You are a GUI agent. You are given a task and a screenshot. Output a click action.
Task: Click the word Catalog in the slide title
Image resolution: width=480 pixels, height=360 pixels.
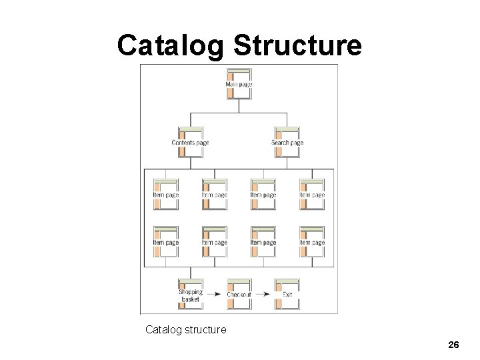tap(171, 45)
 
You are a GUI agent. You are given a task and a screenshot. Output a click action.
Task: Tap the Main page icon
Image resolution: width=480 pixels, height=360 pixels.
tap(239, 84)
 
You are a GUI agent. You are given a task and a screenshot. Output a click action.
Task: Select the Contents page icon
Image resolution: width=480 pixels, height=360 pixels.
tap(190, 142)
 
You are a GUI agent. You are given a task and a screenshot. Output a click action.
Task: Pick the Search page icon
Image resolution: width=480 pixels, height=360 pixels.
tap(287, 142)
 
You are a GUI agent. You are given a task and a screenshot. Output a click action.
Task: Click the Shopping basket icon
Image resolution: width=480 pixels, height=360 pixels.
tap(190, 294)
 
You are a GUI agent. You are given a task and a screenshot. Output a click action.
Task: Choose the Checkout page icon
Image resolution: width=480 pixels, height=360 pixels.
tap(239, 294)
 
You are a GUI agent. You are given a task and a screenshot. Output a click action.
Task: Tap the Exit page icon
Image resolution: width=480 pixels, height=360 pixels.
tap(287, 294)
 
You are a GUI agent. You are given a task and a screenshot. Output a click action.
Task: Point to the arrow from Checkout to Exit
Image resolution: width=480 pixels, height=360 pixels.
tap(263, 294)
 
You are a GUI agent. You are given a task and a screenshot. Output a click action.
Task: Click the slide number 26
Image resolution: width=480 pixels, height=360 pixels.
tap(453, 345)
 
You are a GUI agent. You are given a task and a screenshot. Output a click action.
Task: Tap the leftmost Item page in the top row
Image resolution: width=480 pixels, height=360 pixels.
tap(165, 194)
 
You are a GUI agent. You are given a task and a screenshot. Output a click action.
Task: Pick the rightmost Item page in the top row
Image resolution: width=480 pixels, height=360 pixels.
tap(311, 194)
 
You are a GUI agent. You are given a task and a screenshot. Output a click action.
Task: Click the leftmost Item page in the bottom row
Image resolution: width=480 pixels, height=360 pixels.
tap(165, 242)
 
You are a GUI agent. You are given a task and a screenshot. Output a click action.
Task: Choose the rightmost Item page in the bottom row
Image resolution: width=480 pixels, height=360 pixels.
tap(311, 242)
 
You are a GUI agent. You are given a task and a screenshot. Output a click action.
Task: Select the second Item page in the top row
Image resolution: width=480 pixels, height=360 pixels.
tap(214, 194)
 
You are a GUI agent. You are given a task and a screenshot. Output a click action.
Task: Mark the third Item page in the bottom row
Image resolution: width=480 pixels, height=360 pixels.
tap(263, 242)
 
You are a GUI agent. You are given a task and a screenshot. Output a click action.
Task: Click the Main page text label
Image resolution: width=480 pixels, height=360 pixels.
tap(239, 85)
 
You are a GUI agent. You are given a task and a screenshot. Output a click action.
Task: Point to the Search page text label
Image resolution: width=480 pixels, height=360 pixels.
tap(287, 143)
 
